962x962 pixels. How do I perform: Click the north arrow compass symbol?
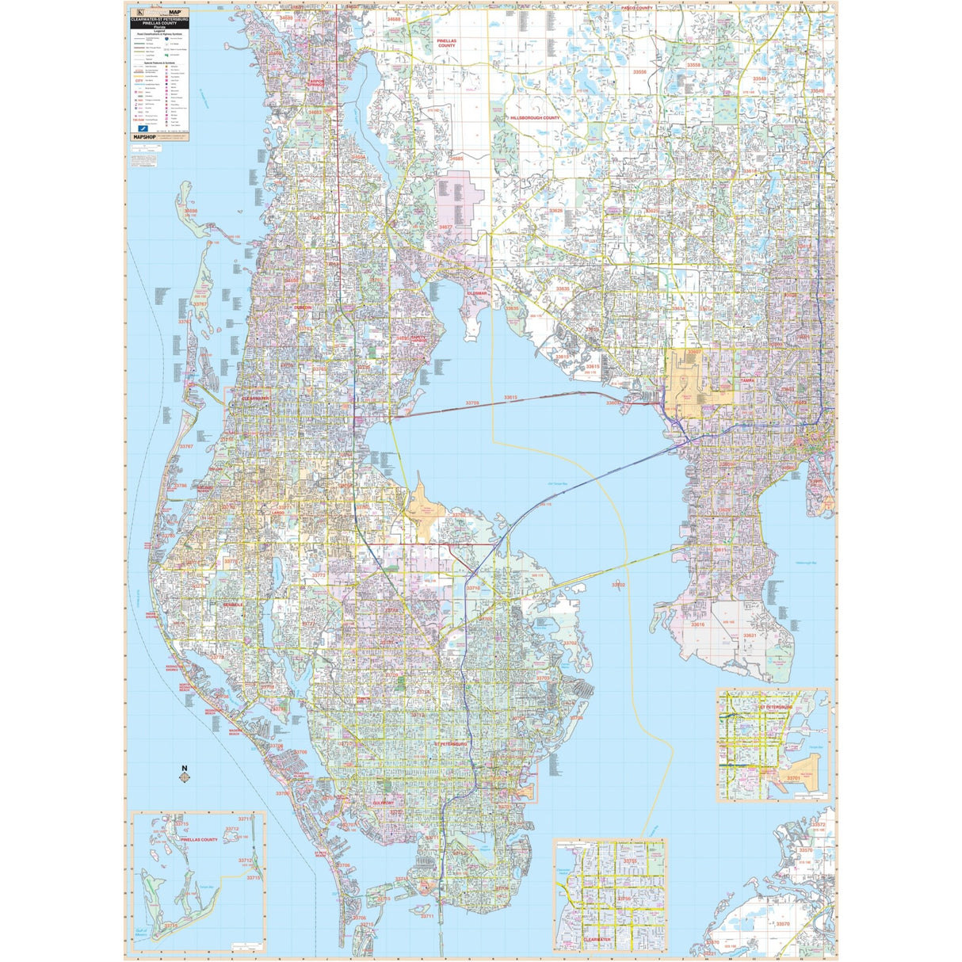tap(185, 774)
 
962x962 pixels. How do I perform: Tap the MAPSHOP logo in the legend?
tap(143, 137)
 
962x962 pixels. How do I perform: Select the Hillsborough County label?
tap(535, 117)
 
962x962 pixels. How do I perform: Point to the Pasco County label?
tap(636, 8)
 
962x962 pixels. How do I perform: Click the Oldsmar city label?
tap(476, 292)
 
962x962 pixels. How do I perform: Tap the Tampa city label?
tap(746, 380)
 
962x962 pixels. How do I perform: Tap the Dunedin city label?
tap(303, 307)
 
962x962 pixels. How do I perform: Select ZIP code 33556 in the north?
tap(639, 72)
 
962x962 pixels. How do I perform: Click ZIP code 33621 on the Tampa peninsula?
tap(750, 636)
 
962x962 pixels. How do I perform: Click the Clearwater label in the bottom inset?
tap(597, 939)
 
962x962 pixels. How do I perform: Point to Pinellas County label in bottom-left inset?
tap(199, 839)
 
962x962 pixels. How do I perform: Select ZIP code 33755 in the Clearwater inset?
tap(630, 861)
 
